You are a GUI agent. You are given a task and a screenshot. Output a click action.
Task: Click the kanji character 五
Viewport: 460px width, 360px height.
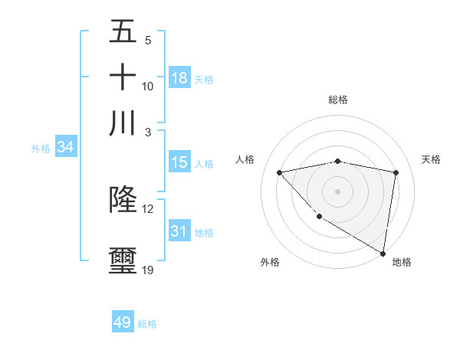click(x=123, y=32)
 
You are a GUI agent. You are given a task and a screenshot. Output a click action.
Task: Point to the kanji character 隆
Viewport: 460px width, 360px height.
click(x=123, y=199)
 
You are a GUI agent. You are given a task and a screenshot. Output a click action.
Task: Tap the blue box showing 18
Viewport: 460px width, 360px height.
click(x=179, y=77)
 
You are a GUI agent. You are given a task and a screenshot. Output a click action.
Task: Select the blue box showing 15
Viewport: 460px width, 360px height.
click(x=179, y=162)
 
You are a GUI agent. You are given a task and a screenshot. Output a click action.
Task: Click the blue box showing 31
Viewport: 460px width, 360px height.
click(x=179, y=231)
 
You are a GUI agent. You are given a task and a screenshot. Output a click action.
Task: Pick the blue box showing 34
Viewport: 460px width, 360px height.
click(x=65, y=147)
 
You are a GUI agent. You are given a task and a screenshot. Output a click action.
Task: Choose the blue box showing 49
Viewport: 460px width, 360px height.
click(x=123, y=322)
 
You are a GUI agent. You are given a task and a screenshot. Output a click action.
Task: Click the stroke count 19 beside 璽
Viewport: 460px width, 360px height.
click(x=147, y=270)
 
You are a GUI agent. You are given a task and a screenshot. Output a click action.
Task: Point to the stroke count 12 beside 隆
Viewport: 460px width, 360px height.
click(x=147, y=208)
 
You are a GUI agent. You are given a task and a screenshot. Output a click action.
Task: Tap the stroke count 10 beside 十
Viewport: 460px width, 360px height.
click(x=147, y=86)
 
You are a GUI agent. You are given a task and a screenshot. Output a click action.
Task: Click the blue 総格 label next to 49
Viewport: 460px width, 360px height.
click(x=147, y=324)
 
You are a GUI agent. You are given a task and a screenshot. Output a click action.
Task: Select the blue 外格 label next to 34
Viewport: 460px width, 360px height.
click(x=41, y=149)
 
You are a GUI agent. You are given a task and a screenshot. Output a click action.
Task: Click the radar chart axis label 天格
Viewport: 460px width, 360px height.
click(x=431, y=159)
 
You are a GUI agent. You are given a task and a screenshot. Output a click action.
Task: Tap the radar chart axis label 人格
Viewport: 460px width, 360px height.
click(x=245, y=159)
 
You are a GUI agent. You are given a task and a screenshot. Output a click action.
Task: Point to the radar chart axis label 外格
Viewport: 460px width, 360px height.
click(x=270, y=262)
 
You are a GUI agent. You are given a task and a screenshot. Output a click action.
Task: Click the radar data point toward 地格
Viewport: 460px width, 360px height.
click(x=383, y=254)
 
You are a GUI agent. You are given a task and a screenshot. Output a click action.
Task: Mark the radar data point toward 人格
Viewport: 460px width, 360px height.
click(x=280, y=172)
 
